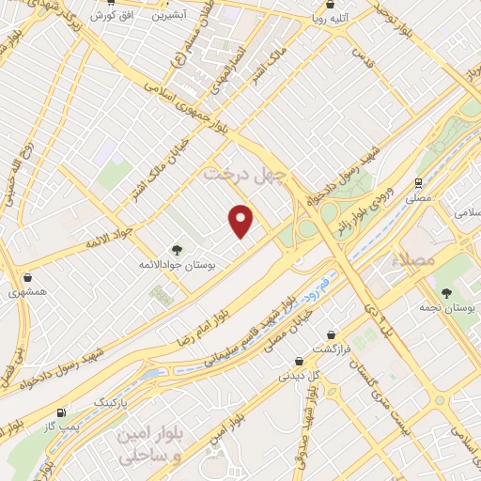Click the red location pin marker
[x=241, y=221]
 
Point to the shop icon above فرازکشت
[x=332, y=334]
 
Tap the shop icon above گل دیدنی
[x=298, y=360]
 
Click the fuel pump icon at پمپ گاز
[x=61, y=411]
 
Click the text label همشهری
[x=30, y=293]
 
